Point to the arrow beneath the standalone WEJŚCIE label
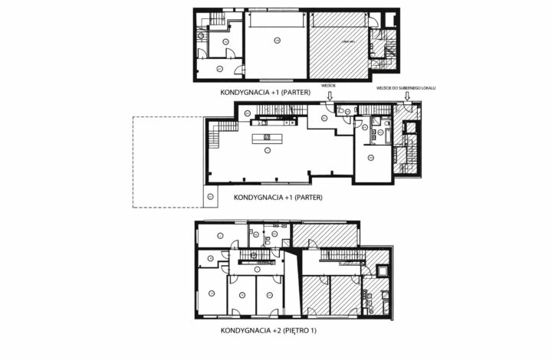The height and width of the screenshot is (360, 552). [x=330, y=96]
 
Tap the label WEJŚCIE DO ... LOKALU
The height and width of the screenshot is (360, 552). [x=406, y=88]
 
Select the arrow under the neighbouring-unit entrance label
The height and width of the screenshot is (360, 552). [x=407, y=97]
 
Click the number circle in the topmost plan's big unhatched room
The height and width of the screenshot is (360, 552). [x=275, y=38]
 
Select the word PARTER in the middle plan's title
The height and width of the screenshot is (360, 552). [x=306, y=197]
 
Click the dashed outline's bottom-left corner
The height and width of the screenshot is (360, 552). [x=133, y=208]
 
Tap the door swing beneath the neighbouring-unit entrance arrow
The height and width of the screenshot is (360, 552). [x=406, y=110]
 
